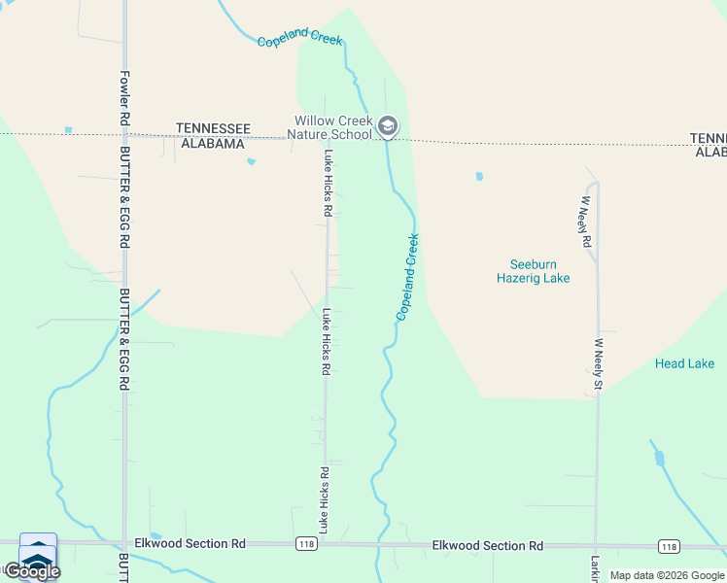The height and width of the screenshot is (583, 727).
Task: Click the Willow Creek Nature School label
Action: point(333,127)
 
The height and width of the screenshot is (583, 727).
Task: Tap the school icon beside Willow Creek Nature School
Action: point(388,126)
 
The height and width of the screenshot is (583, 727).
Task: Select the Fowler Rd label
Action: point(124,96)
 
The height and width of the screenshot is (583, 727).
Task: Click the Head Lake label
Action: point(684,363)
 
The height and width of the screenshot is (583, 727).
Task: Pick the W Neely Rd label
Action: point(586,223)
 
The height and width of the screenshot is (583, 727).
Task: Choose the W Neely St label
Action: point(599,364)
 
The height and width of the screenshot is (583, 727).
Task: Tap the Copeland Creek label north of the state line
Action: point(300,38)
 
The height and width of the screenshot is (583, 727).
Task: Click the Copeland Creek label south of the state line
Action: point(407,278)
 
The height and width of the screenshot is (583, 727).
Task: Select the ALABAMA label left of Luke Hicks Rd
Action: point(211,144)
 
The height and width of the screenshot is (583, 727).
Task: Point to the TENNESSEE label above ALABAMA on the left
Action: point(213,128)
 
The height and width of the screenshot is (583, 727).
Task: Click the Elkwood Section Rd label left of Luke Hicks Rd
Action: point(190,543)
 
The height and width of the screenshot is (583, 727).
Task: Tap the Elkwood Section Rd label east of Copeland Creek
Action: point(487,547)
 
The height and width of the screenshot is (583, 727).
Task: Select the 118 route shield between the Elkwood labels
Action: point(306,546)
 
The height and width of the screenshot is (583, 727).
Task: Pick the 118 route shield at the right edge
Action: point(668,547)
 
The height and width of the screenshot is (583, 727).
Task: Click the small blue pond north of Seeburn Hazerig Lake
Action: point(478,177)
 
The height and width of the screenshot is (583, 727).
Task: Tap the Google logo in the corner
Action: point(31,571)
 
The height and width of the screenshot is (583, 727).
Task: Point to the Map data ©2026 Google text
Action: point(667,575)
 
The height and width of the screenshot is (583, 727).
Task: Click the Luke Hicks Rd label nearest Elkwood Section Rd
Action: point(324,499)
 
